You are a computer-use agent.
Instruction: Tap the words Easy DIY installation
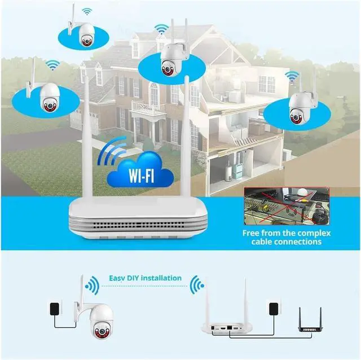click(x=146, y=278)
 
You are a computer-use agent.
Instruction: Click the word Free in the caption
click(x=253, y=232)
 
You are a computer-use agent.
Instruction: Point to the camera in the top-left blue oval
click(x=87, y=35)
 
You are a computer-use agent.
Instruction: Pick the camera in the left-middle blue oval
click(x=49, y=95)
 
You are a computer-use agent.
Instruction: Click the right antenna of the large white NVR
click(x=186, y=135)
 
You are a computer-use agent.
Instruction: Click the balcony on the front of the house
click(x=148, y=107)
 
